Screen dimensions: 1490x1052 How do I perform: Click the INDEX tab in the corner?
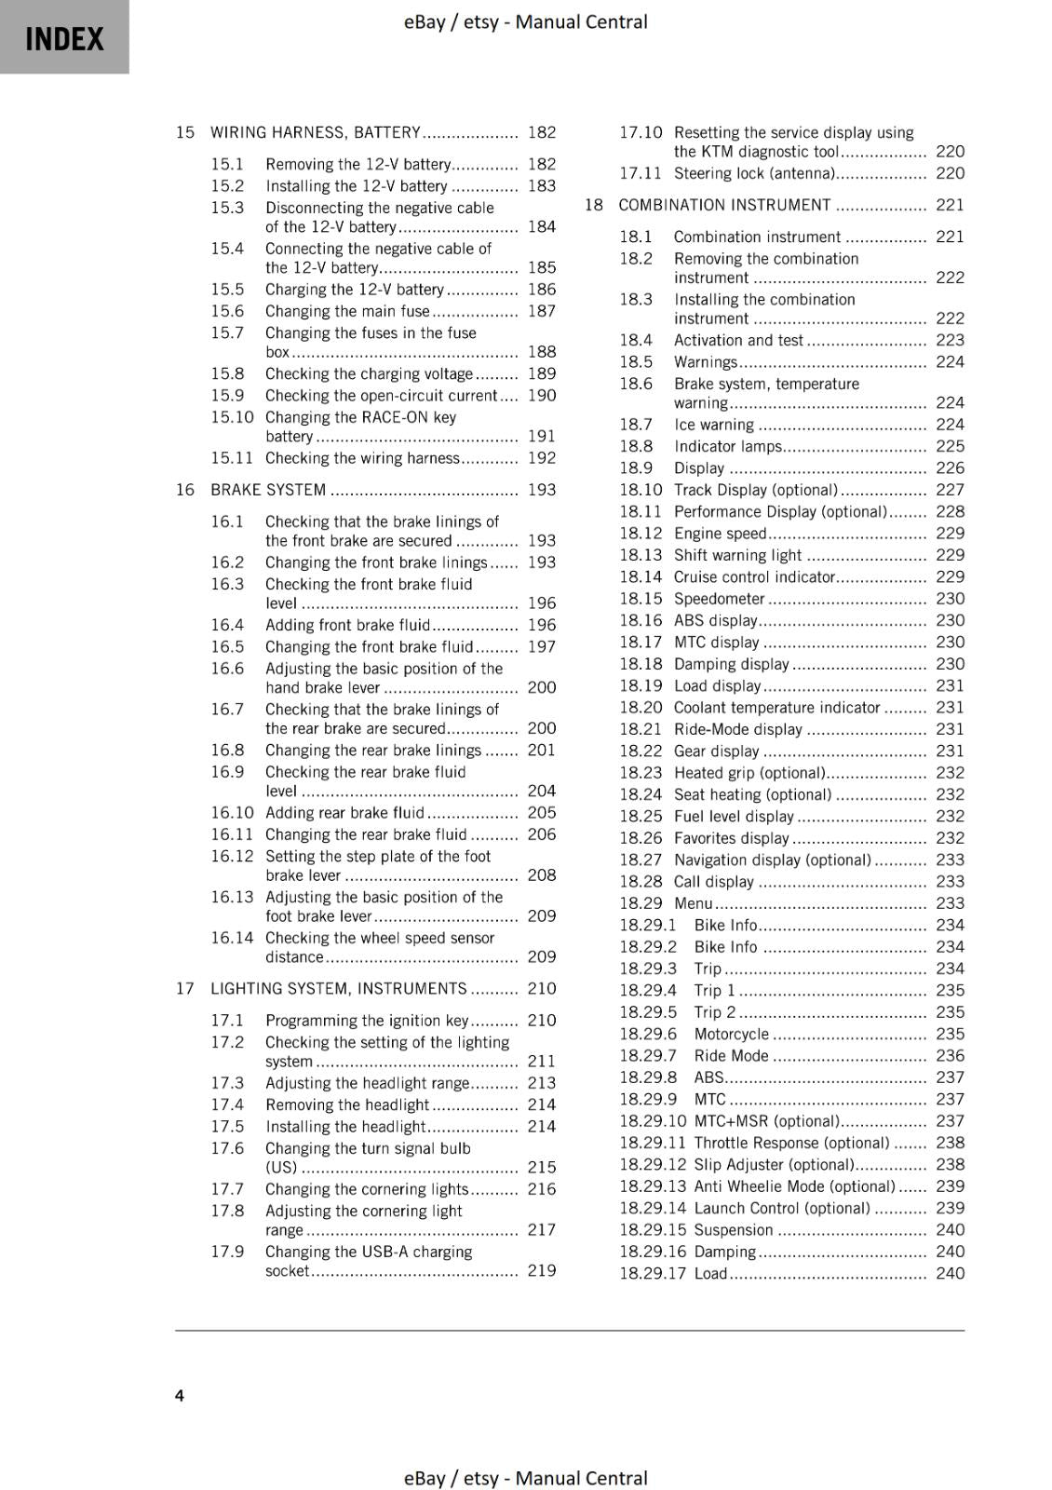[64, 38]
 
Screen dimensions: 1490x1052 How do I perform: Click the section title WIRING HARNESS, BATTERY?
[316, 132]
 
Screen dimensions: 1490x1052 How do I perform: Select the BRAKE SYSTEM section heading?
[268, 490]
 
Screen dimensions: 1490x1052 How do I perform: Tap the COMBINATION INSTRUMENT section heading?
[724, 205]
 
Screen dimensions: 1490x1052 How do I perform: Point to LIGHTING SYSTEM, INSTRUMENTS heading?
[338, 988]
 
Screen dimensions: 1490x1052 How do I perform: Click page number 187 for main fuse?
[542, 311]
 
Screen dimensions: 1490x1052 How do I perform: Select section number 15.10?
[232, 417]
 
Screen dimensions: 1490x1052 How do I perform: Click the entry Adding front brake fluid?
[347, 625]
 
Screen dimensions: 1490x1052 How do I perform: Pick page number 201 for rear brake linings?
[542, 750]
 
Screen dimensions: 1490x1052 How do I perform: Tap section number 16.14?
[232, 938]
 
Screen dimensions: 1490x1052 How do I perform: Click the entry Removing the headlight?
[347, 1104]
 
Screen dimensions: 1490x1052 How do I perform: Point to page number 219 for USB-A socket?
[542, 1270]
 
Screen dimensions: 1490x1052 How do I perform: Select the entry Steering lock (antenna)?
[754, 173]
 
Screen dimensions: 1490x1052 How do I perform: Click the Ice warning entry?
[714, 425]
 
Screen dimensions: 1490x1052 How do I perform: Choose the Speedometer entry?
[720, 599]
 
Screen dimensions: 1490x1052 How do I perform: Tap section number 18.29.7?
[648, 1055]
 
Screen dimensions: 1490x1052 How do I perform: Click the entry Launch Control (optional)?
[782, 1208]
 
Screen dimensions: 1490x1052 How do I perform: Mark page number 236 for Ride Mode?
[951, 1055]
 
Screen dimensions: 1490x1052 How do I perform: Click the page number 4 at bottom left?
[180, 1395]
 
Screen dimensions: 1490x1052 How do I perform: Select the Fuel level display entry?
[734, 816]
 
